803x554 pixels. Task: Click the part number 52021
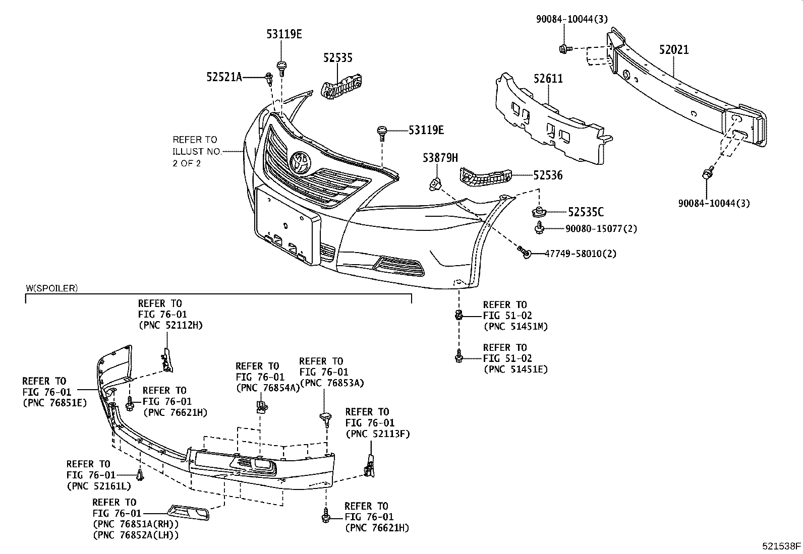(674, 50)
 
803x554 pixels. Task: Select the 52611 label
(548, 79)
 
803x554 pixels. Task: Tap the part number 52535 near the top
(338, 58)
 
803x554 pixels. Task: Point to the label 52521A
(224, 77)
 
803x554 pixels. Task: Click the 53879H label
(440, 158)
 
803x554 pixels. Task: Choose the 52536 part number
(548, 175)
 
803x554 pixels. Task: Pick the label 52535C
(586, 212)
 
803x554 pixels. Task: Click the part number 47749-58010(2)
(580, 254)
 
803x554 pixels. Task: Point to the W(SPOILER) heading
(52, 288)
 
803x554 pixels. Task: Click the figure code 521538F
(781, 545)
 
